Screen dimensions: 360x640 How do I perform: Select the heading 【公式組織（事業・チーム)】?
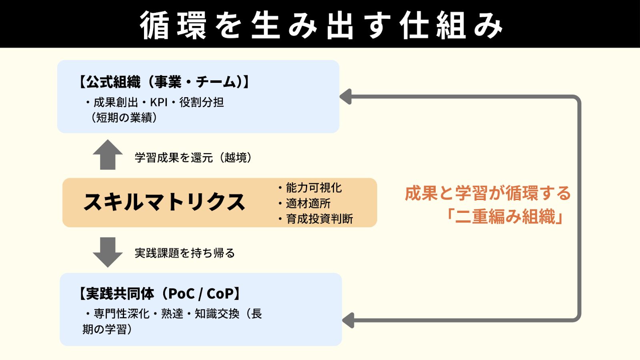coord(164,82)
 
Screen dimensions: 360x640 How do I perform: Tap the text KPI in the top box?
coord(158,102)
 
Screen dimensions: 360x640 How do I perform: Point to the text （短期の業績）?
coord(124,118)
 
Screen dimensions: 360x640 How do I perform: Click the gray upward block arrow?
coord(108,155)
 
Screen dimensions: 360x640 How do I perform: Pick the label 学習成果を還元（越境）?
coord(193,158)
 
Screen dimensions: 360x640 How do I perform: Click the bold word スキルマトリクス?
coord(164,202)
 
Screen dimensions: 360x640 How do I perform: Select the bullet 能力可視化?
coord(314,188)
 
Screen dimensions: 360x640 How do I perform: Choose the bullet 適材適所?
coord(308,203)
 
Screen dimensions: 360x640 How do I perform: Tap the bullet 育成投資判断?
coord(319,219)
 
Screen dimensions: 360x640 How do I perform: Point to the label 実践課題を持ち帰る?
coord(184,253)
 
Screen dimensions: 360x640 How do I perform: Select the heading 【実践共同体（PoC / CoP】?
coord(160,294)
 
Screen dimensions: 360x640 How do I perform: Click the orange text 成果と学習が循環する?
coord(488,193)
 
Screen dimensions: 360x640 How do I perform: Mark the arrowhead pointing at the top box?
coord(346,97)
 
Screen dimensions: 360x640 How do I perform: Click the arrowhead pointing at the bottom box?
coord(349,320)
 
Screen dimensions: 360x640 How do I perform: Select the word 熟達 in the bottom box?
coord(172,314)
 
